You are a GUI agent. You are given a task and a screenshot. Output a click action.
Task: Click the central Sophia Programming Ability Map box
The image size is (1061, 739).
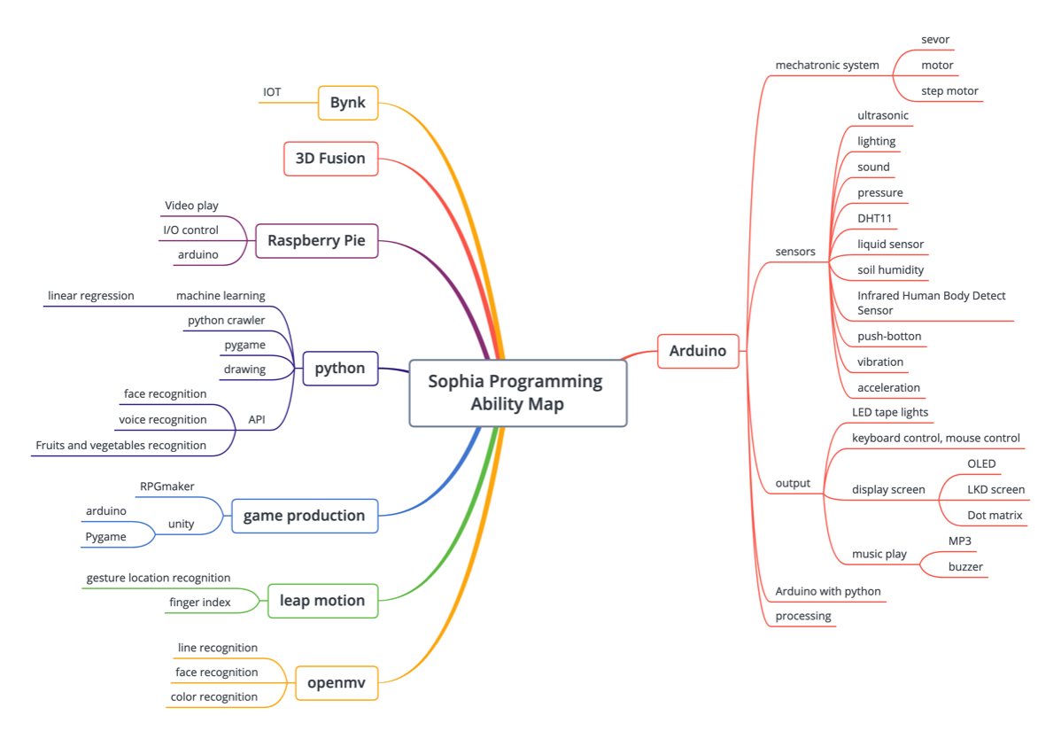coord(517,393)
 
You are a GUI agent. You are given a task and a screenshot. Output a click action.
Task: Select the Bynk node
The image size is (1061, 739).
coord(348,103)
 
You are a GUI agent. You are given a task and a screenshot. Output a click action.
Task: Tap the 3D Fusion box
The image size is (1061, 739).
coord(330,159)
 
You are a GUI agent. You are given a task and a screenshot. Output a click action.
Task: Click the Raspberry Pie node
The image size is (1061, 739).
coord(316,240)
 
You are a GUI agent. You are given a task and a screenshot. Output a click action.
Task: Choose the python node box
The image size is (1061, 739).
coord(340,369)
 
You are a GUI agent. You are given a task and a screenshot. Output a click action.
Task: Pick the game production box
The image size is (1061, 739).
coord(304,516)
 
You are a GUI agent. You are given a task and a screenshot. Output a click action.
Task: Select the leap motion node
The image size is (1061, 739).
coord(322,601)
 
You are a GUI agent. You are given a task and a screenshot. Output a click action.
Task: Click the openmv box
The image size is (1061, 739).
coord(336,683)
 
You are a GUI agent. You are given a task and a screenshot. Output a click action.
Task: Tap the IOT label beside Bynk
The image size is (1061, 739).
coord(272,92)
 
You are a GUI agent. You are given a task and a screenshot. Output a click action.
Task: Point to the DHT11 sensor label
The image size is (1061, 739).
coord(874,218)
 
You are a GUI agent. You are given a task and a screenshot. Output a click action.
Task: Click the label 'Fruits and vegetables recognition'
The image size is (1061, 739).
coord(121,446)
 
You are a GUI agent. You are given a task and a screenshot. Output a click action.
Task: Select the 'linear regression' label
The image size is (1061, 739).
coord(91,296)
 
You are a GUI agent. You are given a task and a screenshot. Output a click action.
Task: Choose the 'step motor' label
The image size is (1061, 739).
coord(949,91)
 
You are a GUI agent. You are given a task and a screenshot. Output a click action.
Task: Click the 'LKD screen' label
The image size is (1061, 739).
coord(995,490)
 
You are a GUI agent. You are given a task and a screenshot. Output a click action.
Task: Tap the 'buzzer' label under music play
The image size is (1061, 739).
coord(965,567)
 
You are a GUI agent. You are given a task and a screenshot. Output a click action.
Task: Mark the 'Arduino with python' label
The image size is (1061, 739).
coord(828,592)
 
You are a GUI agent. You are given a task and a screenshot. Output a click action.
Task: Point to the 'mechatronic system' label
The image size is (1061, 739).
coord(827,66)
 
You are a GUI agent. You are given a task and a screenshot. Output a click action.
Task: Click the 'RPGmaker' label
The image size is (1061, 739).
coord(167,486)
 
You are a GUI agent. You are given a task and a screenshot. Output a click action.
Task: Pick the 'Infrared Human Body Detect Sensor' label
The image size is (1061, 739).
coord(932,303)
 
